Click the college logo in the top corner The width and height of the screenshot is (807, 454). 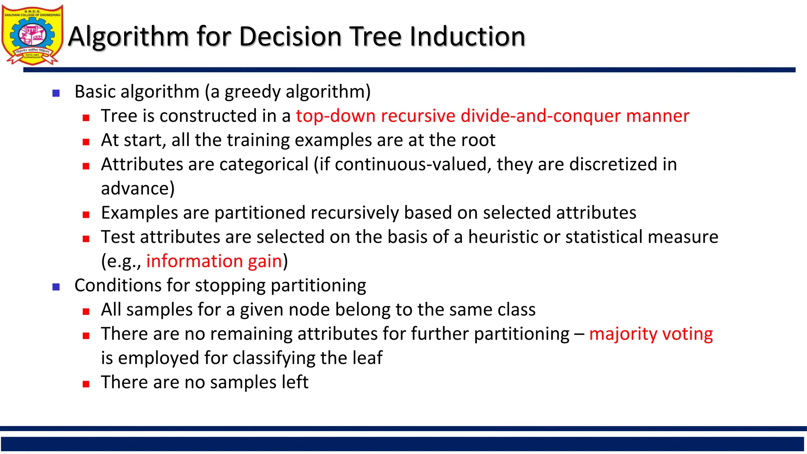[x=32, y=35]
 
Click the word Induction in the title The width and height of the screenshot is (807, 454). [x=467, y=36]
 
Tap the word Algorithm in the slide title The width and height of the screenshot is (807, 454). [x=128, y=36]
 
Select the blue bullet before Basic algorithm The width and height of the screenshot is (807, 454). [x=56, y=93]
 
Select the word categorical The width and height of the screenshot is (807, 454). [x=264, y=164]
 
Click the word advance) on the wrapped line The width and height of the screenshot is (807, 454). [x=138, y=189]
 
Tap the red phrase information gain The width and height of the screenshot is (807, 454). [x=214, y=261]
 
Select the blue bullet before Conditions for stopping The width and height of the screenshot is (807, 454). [x=56, y=287]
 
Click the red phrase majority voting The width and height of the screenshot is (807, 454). [x=651, y=334]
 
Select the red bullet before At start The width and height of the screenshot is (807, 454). [x=86, y=142]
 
